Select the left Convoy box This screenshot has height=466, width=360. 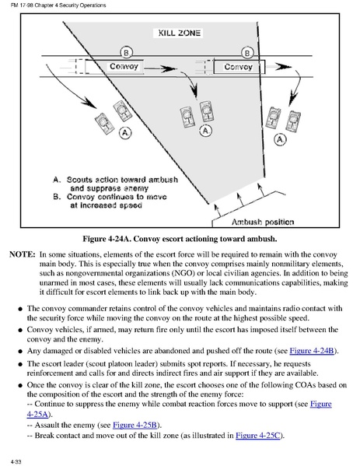pos(115,66)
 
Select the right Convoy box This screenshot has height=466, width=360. pos(239,67)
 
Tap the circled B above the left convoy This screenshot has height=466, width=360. pos(126,53)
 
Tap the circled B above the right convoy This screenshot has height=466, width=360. pos(247,53)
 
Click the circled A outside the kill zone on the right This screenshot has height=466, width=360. pos(280,139)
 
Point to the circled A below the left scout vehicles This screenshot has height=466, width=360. pos(125,132)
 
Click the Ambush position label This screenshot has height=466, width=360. pos(263,222)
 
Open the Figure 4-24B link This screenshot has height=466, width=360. pos(312,351)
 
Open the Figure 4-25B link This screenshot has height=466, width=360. pos(135,425)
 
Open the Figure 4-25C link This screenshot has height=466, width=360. pos(258,436)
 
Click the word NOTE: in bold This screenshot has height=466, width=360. pos(23,254)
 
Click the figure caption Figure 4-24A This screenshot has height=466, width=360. pos(180,239)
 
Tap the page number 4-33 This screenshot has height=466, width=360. pos(16,461)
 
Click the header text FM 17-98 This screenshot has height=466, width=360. pos(22,5)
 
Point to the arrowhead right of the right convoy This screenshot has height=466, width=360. pos(283,67)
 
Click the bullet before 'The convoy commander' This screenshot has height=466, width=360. pos(20,309)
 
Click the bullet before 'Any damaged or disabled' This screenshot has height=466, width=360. pos(20,352)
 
